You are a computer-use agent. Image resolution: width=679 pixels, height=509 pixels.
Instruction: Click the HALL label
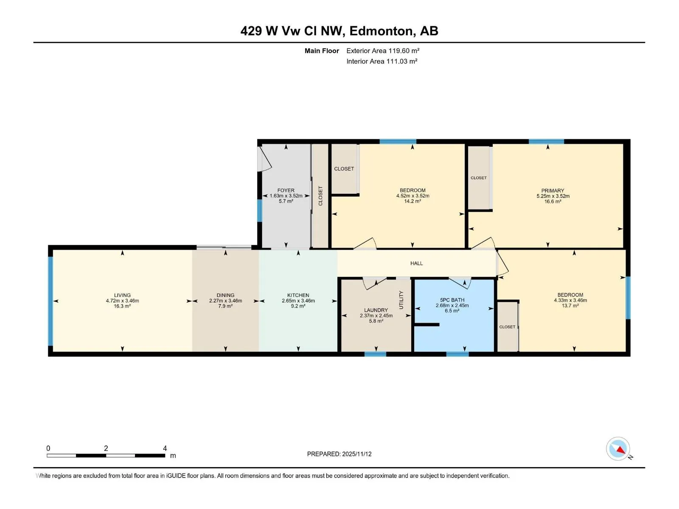[x=416, y=263]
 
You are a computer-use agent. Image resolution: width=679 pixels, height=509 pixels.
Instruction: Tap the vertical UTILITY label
[x=401, y=300]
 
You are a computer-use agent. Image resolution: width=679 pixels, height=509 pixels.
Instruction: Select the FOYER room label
[x=286, y=190]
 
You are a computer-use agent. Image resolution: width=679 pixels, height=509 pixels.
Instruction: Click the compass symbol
[x=618, y=448]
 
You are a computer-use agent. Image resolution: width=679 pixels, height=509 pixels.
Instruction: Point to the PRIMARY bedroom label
[x=553, y=191]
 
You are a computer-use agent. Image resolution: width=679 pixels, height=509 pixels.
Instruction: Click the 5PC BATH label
[x=452, y=300]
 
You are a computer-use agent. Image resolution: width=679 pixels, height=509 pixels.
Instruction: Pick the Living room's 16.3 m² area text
[x=122, y=306]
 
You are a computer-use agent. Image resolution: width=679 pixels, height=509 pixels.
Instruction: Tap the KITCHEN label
[x=298, y=296]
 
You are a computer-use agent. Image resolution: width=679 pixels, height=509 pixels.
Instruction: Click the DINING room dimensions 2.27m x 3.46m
[x=225, y=301]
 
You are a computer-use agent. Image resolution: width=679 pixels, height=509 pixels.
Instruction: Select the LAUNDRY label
[x=376, y=310]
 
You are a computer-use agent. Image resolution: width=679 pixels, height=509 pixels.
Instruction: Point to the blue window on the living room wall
[x=51, y=301]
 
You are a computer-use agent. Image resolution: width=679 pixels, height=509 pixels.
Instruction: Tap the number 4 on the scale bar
[x=165, y=448]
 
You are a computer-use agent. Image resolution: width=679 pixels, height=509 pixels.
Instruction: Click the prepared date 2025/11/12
[x=356, y=454]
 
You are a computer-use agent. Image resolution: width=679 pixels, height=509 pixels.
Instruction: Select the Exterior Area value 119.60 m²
[x=404, y=50]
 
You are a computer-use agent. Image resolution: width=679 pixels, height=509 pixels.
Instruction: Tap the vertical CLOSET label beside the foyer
[x=320, y=196]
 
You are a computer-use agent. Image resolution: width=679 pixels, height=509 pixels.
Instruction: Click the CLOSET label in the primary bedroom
[x=479, y=178]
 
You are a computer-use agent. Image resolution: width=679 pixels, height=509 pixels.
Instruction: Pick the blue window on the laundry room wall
[x=375, y=354]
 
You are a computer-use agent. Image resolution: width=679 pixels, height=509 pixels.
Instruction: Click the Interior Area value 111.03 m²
[x=402, y=61]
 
